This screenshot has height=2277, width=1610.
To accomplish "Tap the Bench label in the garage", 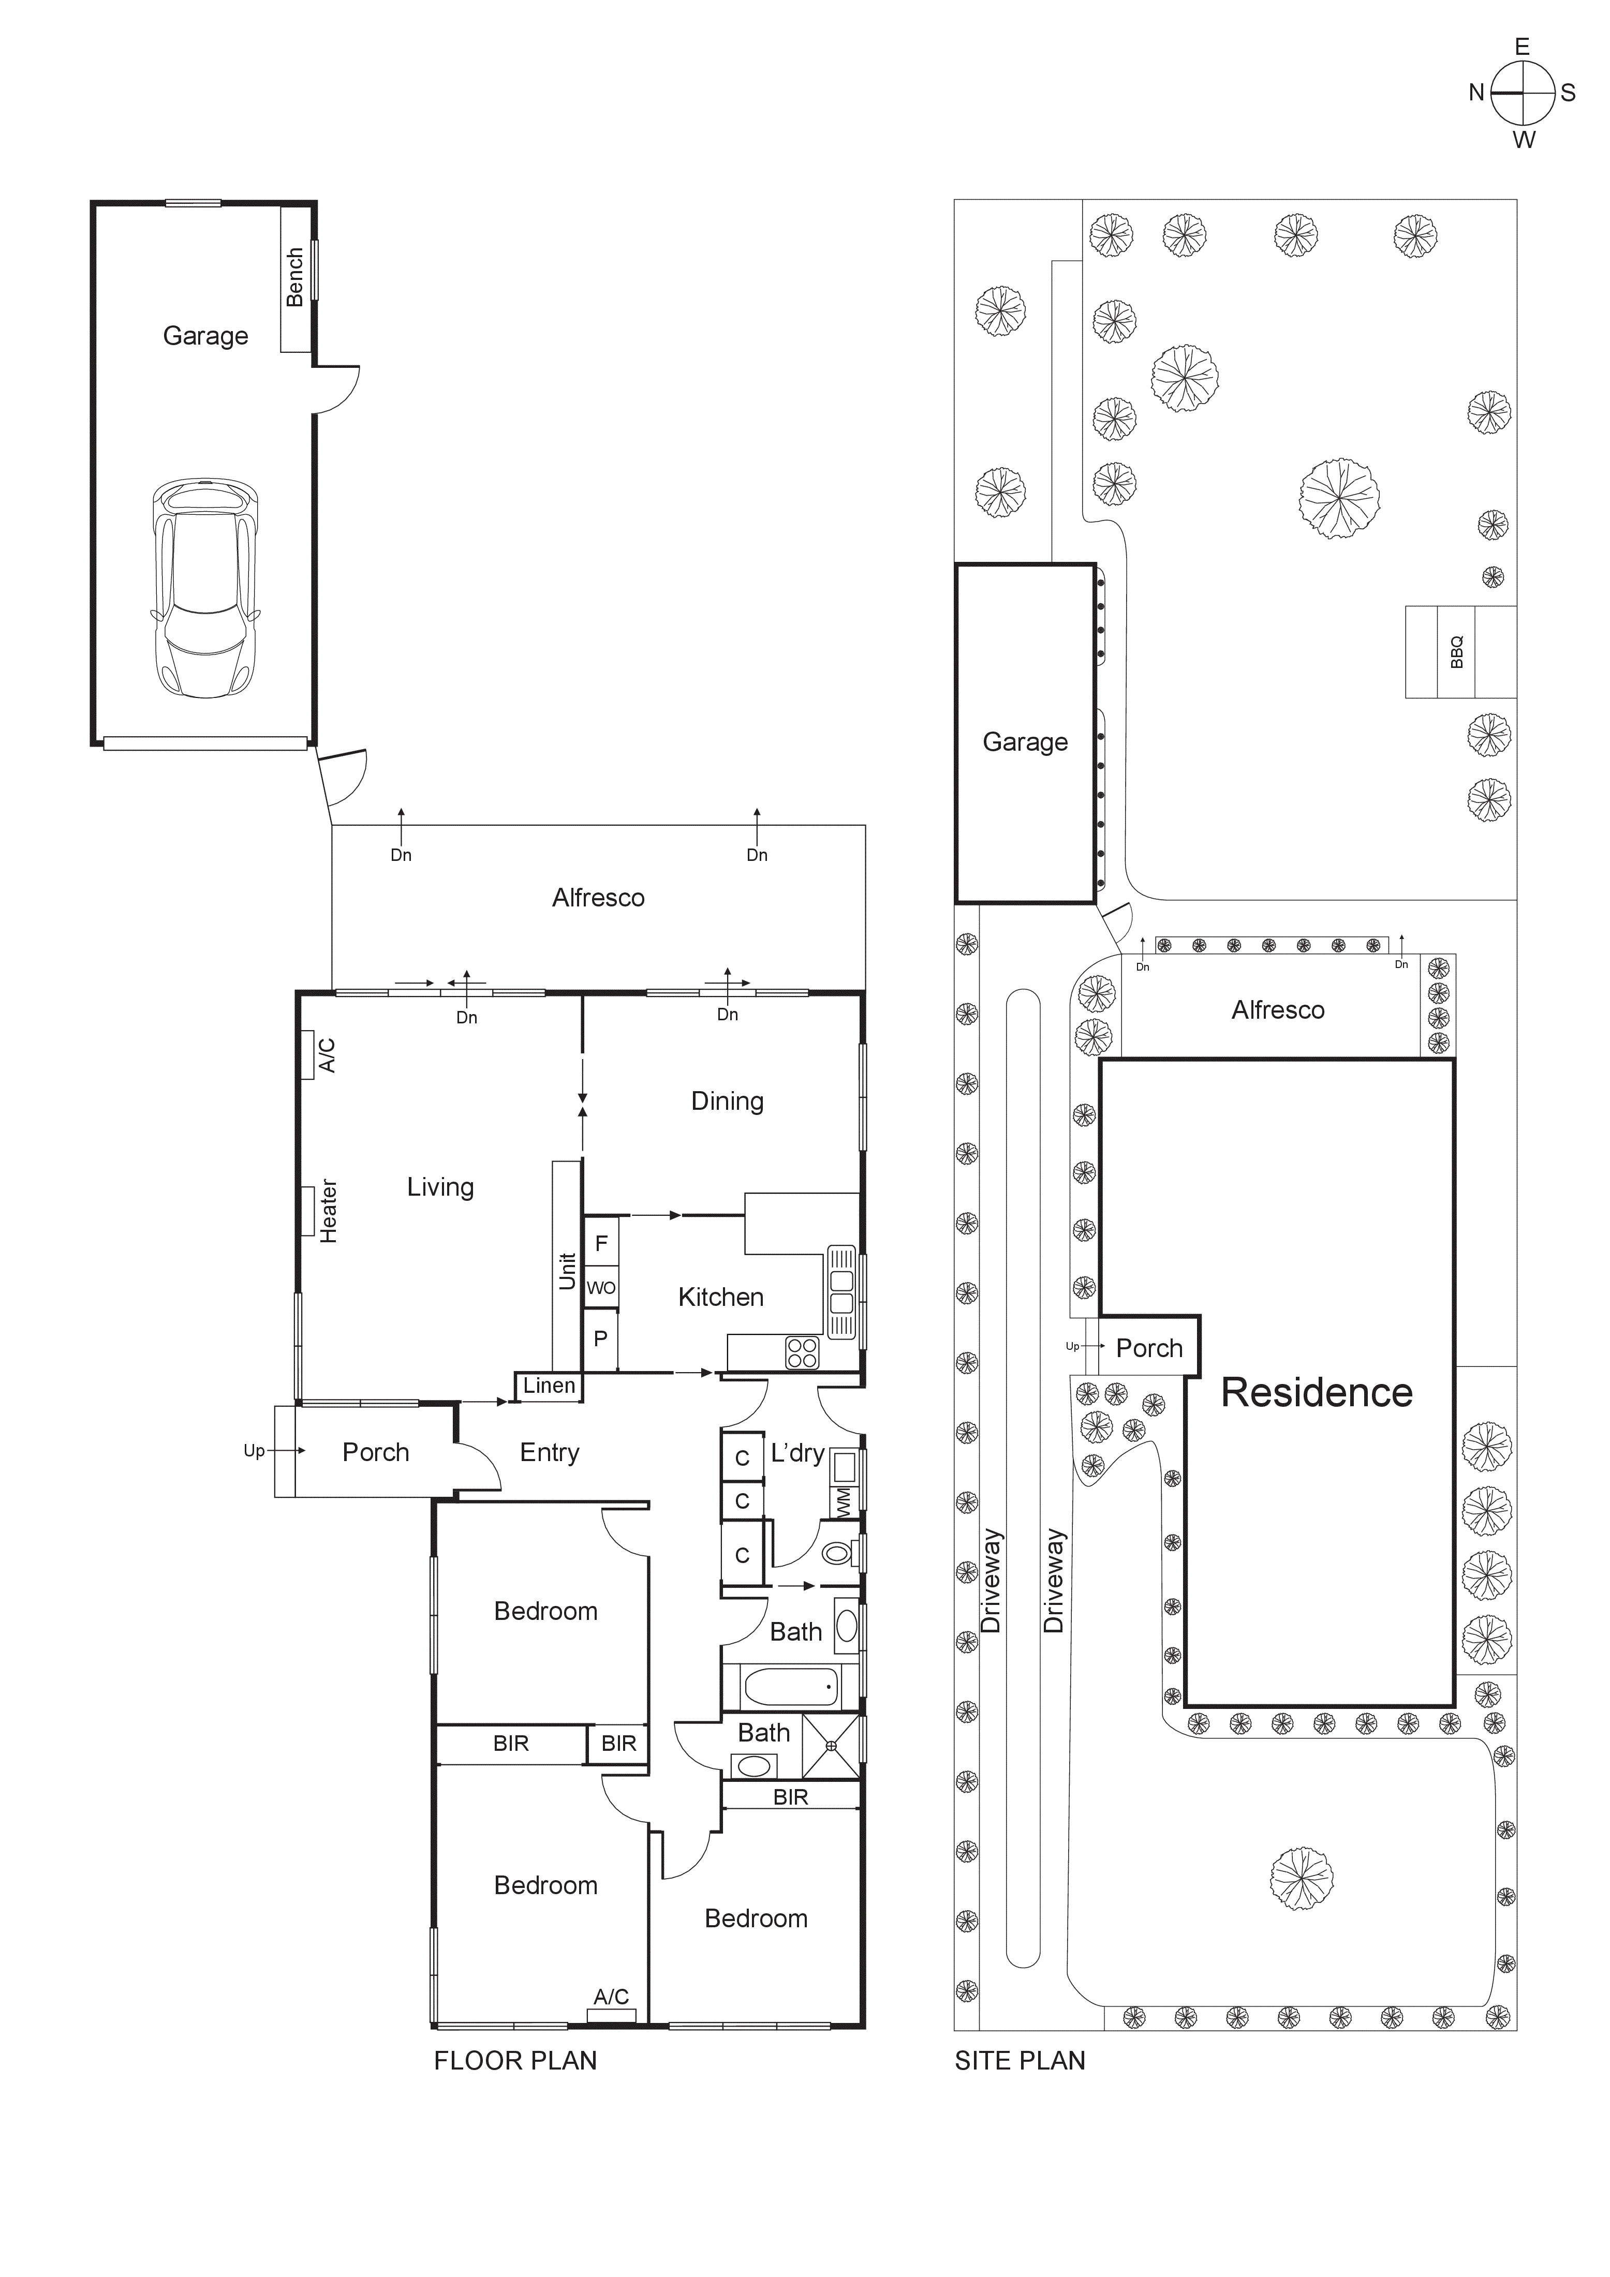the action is click(294, 278).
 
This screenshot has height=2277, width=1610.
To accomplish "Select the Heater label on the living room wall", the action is click(328, 1211).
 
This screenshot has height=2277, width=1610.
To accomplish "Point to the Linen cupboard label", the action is click(549, 1386).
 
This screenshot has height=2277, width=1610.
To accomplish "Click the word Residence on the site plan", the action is click(1317, 1392).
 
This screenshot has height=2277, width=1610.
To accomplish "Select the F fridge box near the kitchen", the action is click(601, 1243).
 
